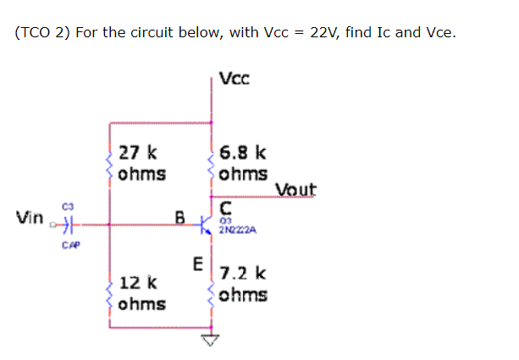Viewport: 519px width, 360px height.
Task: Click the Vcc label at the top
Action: tap(233, 80)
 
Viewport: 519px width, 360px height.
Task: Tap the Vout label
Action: tap(295, 190)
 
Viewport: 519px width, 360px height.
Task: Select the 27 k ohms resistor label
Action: tap(142, 164)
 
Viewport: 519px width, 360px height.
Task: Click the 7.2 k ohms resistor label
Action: tap(244, 284)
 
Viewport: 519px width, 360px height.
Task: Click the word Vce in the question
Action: tap(439, 33)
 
